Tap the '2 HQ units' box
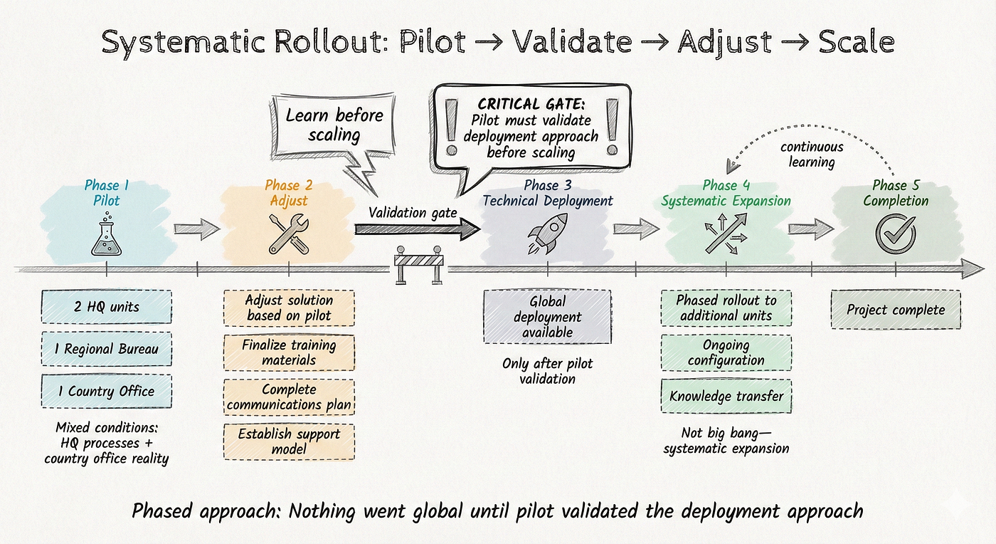(x=106, y=307)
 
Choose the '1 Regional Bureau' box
(x=106, y=349)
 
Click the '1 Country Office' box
(x=106, y=391)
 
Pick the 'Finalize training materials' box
(x=288, y=352)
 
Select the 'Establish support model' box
(x=288, y=441)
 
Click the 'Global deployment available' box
(x=546, y=317)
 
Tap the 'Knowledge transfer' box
(x=726, y=396)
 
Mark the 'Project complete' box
(x=896, y=310)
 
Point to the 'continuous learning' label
(x=812, y=155)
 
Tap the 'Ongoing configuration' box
(x=726, y=352)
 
